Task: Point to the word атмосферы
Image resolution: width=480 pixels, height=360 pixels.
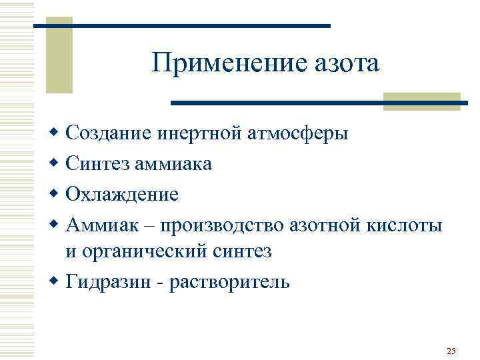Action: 298,134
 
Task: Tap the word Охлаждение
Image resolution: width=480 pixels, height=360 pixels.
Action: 122,195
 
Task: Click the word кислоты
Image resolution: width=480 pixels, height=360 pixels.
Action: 405,225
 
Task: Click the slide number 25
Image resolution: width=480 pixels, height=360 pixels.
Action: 451,351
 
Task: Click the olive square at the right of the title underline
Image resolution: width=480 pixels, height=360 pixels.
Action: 422,101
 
